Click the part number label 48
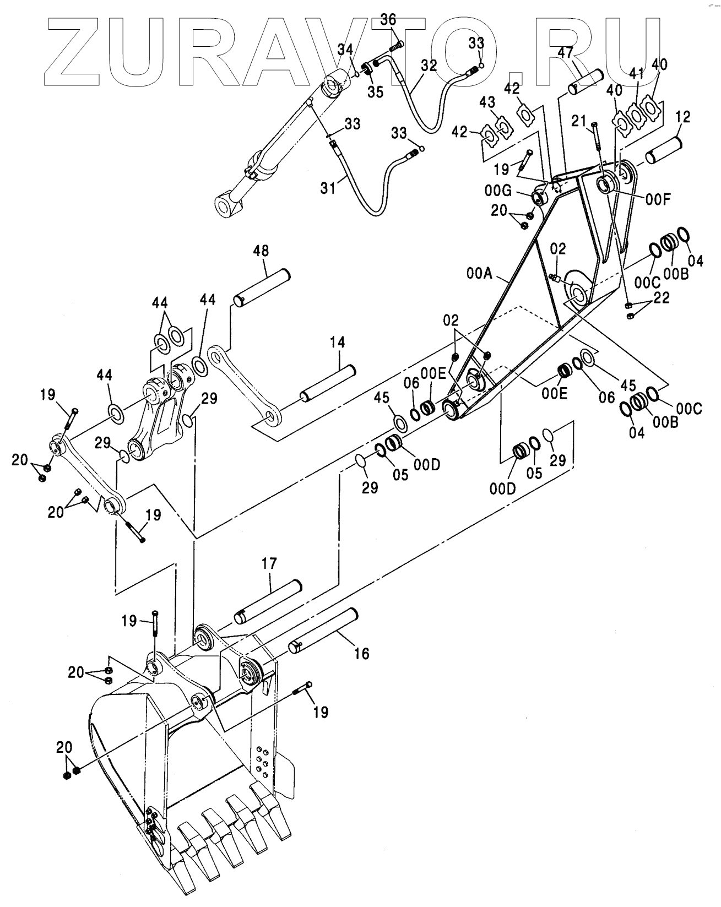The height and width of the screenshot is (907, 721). click(x=261, y=251)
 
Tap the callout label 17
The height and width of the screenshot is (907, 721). click(x=270, y=563)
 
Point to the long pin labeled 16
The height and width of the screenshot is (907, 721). click(x=324, y=629)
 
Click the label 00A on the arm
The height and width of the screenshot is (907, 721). click(x=480, y=273)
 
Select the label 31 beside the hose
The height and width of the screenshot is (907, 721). click(x=328, y=188)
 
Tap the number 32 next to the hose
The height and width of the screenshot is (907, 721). click(x=429, y=66)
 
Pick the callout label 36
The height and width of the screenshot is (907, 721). click(x=388, y=20)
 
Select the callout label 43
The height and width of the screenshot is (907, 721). click(x=487, y=102)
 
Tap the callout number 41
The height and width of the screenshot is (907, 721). click(x=636, y=73)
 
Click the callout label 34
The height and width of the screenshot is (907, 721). click(x=346, y=50)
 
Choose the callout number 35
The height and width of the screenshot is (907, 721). click(x=376, y=91)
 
